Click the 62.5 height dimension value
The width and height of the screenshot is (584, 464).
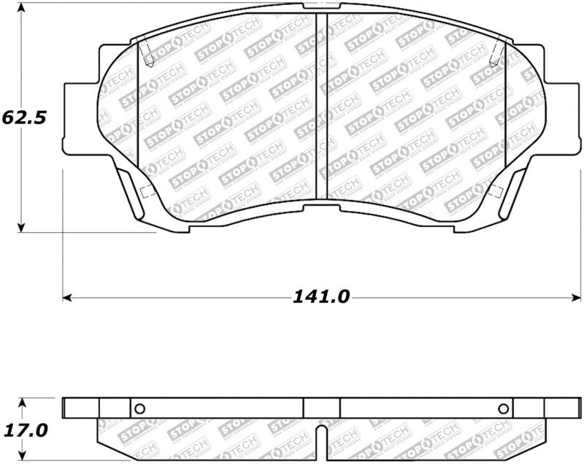coord(24,117)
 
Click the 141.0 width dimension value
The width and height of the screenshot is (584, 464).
coord(322,297)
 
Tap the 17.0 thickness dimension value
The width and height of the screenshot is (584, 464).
coord(26,429)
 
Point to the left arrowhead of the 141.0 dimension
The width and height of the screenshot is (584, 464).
coord(66,298)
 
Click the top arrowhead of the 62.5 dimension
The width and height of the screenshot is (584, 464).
coord(22,8)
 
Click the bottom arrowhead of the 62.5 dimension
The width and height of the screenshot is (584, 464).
coord(22,227)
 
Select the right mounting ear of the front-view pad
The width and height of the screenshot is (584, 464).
coord(562,117)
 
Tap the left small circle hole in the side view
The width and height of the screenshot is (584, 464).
coord(141,409)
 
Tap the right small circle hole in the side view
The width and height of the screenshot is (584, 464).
coord(502,409)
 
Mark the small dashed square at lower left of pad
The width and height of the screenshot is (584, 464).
coord(145,192)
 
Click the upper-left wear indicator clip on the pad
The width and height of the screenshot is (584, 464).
coord(145,51)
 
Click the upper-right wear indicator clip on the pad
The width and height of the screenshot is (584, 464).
coord(497,51)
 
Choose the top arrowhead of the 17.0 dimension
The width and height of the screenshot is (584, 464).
coord(22,402)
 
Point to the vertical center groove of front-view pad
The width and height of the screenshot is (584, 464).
coord(321,109)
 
